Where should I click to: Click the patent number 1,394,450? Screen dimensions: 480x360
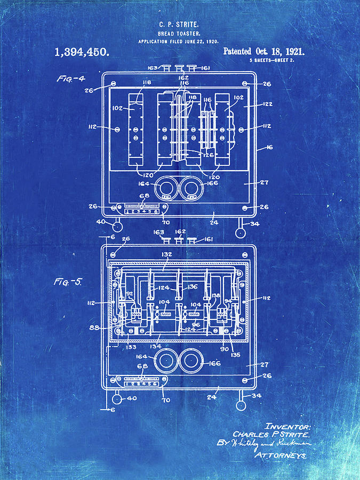(x=82, y=52)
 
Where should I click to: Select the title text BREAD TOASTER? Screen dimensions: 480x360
(x=179, y=33)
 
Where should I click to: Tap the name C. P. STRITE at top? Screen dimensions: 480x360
(x=179, y=25)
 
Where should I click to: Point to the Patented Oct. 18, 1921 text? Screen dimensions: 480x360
(x=263, y=52)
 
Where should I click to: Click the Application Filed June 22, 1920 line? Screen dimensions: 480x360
(x=179, y=42)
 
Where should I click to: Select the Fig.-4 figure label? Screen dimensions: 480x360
(x=71, y=78)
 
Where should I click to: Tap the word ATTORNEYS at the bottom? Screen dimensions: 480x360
(x=281, y=456)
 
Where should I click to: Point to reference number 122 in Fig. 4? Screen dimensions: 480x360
(x=267, y=105)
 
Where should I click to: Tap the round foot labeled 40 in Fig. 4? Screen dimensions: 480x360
(x=116, y=227)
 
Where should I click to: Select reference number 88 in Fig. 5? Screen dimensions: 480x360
(x=95, y=327)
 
